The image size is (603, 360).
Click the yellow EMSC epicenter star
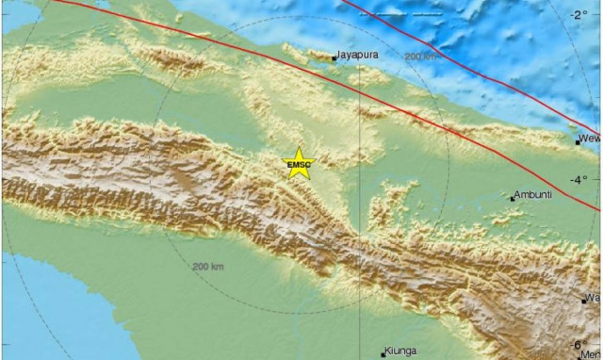[299, 163]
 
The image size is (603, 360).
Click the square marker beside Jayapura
[334, 59]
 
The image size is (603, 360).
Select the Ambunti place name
[535, 196]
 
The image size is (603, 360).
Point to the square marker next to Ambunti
[513, 199]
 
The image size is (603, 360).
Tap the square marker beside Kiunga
[383, 354]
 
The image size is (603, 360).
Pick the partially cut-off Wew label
[592, 139]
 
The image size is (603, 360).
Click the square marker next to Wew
[579, 142]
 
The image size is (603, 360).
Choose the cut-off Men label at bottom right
[593, 354]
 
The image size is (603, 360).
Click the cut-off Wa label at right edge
[594, 298]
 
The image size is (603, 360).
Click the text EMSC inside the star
[299, 166]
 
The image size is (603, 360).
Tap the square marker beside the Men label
[580, 356]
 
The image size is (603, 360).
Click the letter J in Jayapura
[339, 55]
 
